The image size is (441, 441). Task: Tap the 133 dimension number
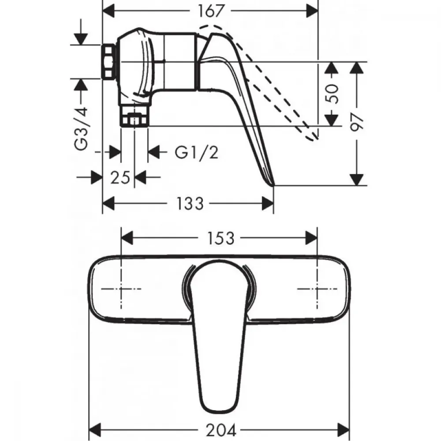click(189, 203)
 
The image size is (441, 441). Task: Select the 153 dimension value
click(220, 238)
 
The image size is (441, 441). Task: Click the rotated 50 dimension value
click(332, 93)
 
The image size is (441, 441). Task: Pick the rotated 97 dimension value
click(357, 121)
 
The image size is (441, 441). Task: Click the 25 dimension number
click(120, 177)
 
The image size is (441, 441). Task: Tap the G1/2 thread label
click(196, 153)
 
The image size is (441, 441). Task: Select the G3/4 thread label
click(81, 128)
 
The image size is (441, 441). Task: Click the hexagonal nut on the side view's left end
click(108, 61)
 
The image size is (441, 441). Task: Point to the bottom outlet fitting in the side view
click(135, 116)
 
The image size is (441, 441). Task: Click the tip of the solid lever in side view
click(273, 185)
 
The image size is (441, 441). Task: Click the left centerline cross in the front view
click(121, 289)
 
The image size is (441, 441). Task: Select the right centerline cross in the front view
click(317, 289)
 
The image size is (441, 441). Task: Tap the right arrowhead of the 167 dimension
click(312, 11)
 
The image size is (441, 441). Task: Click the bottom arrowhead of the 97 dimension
click(357, 180)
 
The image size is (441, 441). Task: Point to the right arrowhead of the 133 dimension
click(268, 203)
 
